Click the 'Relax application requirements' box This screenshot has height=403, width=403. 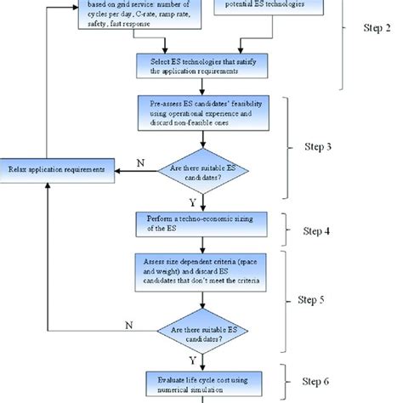(x=57, y=169)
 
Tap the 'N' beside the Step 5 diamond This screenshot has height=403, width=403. (x=130, y=325)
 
